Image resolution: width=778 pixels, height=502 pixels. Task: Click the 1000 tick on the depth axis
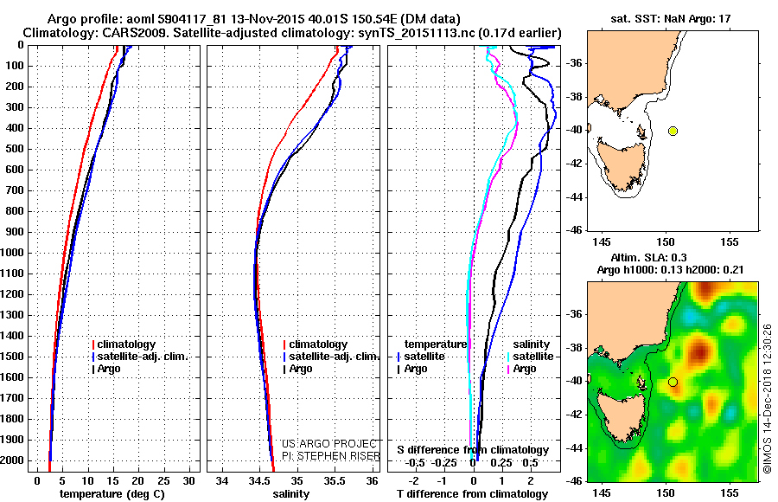(16, 253)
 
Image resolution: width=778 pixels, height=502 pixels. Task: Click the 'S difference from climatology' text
(472, 450)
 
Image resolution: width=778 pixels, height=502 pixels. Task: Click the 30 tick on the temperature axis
(189, 480)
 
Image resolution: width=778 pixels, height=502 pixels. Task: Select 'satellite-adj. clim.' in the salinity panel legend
(334, 357)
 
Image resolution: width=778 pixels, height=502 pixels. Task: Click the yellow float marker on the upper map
(673, 131)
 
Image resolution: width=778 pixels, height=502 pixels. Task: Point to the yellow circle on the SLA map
(673, 382)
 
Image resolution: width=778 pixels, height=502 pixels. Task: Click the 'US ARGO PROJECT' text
(329, 443)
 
